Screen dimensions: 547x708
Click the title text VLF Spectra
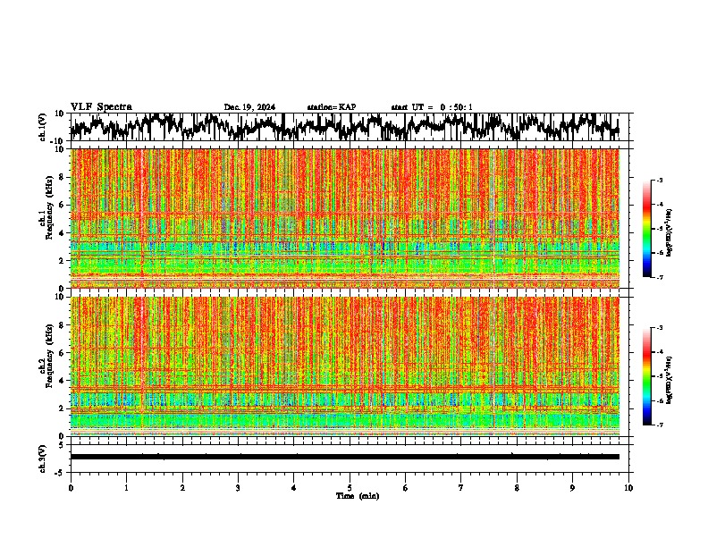101,107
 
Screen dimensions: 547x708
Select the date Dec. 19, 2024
249,107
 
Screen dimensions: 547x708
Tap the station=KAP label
332,107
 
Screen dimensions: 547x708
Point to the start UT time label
432,107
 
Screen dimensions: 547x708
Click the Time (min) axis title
358,495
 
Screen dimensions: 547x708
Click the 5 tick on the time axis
350,488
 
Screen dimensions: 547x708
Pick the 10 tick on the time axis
628,488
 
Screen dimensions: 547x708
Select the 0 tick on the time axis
71,488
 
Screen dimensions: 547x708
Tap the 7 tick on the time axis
461,488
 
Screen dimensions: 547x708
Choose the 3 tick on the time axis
238,488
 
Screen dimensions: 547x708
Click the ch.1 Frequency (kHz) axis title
46,218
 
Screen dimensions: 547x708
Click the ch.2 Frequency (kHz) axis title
46,366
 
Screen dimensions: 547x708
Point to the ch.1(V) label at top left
44,127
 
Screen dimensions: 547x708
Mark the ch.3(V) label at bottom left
44,457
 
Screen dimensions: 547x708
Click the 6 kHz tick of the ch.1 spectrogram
62,205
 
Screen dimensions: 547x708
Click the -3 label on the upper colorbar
659,181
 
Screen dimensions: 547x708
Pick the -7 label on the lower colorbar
659,425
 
